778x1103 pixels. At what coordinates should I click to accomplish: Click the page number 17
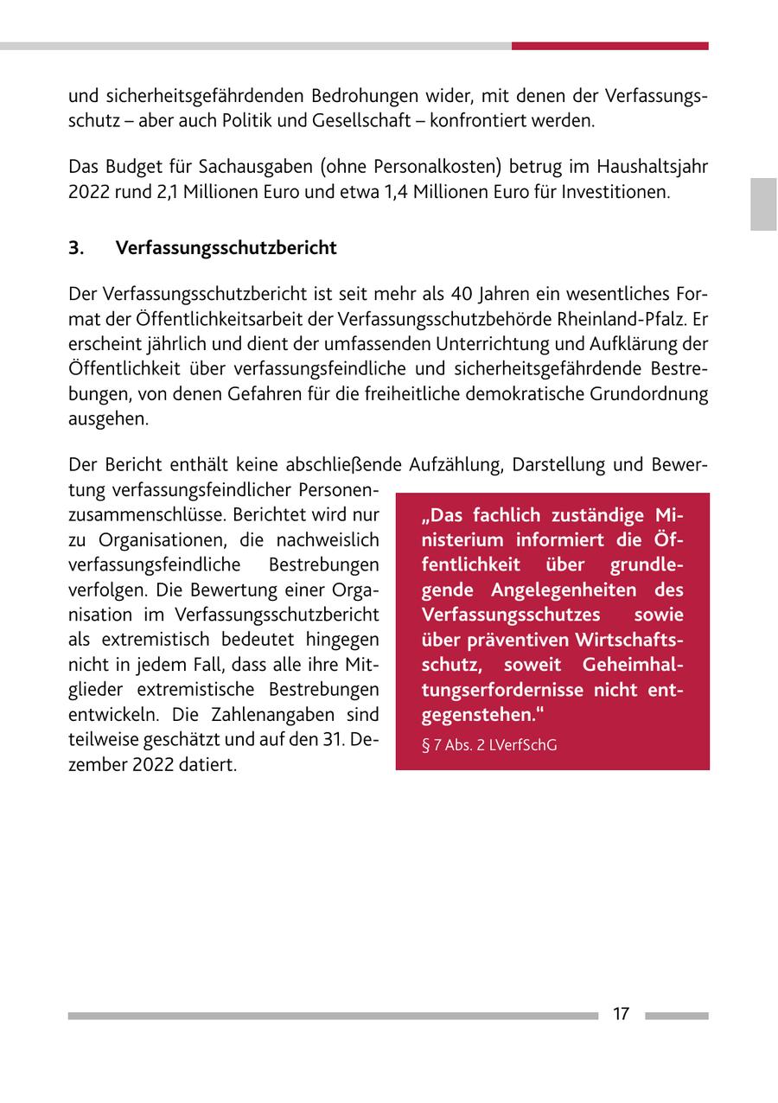tap(621, 1014)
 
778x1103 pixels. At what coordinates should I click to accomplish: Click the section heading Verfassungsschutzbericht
tap(226, 248)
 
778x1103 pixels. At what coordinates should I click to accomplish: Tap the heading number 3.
tap(76, 248)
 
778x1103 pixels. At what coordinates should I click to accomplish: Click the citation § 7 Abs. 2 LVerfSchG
tap(489, 743)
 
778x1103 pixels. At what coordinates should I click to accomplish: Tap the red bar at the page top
tap(609, 46)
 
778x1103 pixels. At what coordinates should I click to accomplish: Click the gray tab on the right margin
tap(763, 204)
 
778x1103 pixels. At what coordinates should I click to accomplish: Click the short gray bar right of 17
tap(676, 1016)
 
